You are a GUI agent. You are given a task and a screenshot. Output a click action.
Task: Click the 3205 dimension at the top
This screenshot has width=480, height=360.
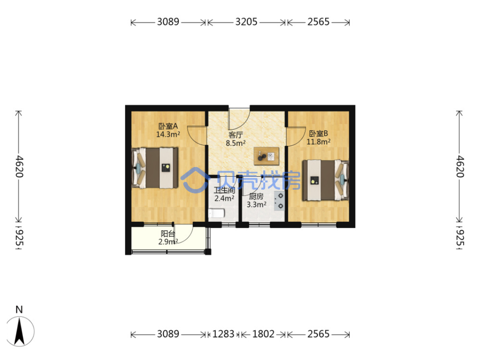click(246, 22)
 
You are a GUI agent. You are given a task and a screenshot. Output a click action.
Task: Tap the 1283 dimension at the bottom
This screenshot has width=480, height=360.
click(223, 334)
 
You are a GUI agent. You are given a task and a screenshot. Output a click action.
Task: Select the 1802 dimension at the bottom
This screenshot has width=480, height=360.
click(263, 334)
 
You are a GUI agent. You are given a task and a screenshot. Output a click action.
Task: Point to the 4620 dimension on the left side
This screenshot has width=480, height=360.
click(19, 166)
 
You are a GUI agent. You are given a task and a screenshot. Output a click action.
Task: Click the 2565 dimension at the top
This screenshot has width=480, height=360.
click(318, 22)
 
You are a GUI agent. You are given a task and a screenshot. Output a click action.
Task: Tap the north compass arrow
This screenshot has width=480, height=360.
click(20, 332)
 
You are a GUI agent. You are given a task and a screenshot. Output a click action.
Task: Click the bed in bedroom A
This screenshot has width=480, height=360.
click(155, 168)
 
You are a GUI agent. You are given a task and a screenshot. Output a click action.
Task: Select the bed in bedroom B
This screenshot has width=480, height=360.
click(326, 180)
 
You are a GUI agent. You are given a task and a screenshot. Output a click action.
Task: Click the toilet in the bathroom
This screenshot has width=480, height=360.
click(216, 213)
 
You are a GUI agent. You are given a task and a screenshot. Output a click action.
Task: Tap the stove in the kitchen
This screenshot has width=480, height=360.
click(279, 201)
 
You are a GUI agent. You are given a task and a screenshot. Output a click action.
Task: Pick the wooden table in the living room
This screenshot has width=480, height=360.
click(266, 156)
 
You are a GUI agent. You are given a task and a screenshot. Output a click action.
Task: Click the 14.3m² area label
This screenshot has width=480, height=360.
click(168, 135)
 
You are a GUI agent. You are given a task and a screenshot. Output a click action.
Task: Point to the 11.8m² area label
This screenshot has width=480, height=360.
click(318, 142)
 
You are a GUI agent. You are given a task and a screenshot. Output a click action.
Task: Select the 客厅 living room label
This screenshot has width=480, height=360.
click(236, 135)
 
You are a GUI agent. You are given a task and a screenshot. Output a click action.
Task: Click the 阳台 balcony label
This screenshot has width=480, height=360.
click(168, 234)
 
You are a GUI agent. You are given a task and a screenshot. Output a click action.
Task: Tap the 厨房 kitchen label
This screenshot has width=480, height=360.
click(256, 196)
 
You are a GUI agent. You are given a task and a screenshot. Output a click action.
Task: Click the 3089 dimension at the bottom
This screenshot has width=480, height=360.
click(168, 334)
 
